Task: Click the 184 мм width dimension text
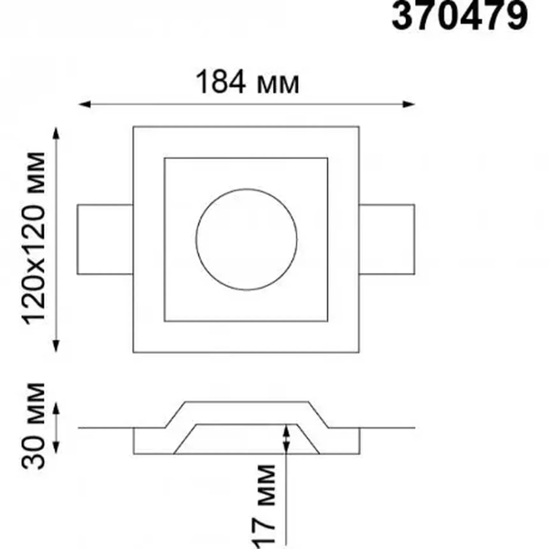click(247, 82)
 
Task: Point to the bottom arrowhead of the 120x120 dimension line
click(56, 346)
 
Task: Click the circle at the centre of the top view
click(246, 239)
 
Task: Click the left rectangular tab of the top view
click(105, 239)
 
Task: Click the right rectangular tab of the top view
click(387, 239)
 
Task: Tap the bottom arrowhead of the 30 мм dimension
click(56, 447)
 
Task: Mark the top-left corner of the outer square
click(133, 127)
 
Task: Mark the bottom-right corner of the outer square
click(359, 352)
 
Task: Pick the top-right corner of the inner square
click(328, 158)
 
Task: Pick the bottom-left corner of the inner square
click(164, 321)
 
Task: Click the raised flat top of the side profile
click(247, 402)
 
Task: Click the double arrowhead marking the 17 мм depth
click(286, 439)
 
